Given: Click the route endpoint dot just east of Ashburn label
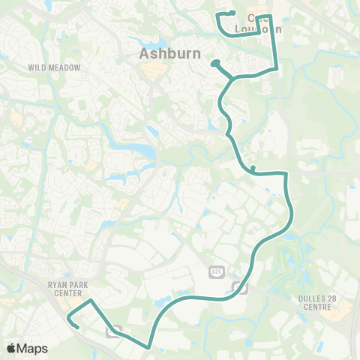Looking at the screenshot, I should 214,63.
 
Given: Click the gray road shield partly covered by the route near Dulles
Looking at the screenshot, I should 240,286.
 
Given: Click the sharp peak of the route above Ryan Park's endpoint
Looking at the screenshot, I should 91,301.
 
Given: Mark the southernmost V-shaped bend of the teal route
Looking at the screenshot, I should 149,346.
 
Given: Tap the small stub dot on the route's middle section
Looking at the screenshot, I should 253,167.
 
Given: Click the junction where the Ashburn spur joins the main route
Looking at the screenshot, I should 234,77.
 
